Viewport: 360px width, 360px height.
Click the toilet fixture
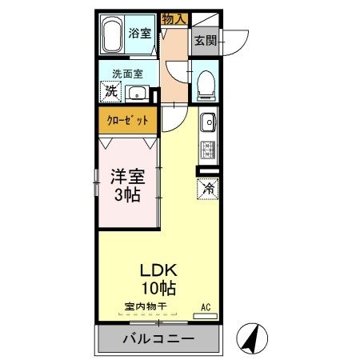(206, 81)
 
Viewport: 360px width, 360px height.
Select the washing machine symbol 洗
(111, 92)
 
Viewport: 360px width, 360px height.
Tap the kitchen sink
(206, 123)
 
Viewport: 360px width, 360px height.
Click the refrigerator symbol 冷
(206, 189)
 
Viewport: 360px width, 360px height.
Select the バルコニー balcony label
(158, 339)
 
